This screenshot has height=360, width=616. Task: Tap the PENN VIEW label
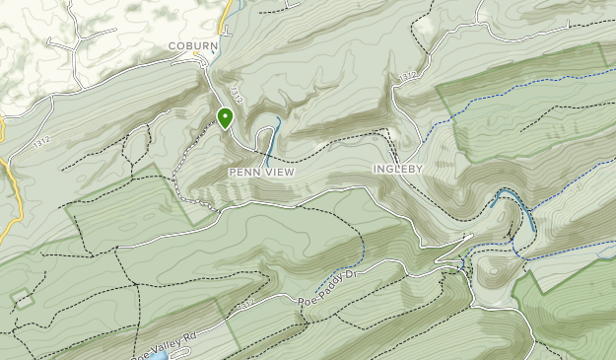[261, 172]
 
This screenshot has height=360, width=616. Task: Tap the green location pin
[225, 118]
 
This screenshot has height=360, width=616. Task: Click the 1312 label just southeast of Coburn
[236, 93]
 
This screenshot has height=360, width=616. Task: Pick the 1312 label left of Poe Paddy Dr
[245, 302]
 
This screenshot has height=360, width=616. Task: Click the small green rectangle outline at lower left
[20, 299]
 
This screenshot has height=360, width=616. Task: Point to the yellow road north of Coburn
[226, 14]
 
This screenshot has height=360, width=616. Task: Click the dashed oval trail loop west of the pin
[136, 148]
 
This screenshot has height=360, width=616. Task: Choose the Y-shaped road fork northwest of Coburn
[74, 44]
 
